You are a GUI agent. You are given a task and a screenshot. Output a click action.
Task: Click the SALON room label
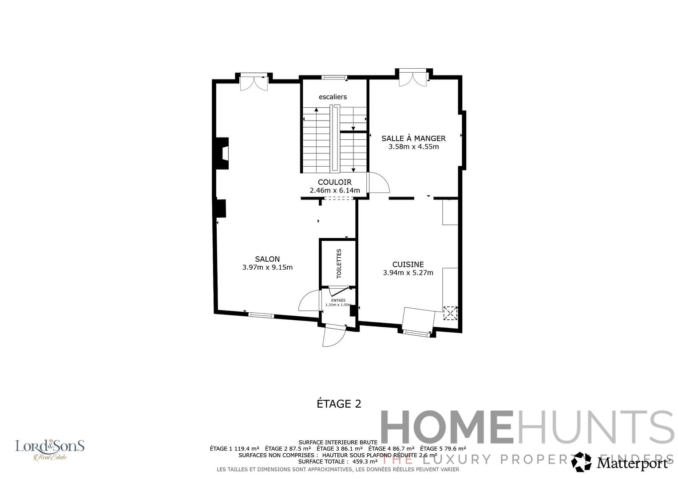267,259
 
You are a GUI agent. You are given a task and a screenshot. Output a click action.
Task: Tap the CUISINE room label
408,264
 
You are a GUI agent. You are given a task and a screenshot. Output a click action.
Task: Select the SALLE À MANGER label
413,138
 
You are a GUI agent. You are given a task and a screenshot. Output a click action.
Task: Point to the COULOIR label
335,182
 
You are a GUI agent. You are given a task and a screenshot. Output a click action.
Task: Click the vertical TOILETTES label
339,263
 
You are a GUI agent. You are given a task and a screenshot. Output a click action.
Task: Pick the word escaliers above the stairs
333,97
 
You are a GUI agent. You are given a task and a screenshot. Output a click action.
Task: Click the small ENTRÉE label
338,300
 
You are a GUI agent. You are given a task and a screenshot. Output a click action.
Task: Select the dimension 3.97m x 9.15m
267,267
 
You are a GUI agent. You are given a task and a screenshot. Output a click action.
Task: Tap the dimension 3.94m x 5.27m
408,273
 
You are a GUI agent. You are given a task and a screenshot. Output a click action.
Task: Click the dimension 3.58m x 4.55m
413,147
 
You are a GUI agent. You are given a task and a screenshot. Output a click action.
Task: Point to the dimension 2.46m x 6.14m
335,191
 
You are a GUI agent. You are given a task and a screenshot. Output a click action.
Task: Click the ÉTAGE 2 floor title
339,404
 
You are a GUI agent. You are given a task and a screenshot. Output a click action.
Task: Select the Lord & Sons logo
50,449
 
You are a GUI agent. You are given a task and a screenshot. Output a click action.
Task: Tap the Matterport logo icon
581,462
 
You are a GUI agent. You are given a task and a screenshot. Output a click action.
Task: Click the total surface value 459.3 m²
365,461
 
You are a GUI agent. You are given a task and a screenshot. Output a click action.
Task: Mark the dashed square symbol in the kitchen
450,313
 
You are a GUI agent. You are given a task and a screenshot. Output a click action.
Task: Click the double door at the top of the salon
254,82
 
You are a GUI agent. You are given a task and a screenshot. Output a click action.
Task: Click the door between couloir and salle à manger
377,183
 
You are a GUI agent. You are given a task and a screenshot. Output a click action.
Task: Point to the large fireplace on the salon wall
222,153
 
